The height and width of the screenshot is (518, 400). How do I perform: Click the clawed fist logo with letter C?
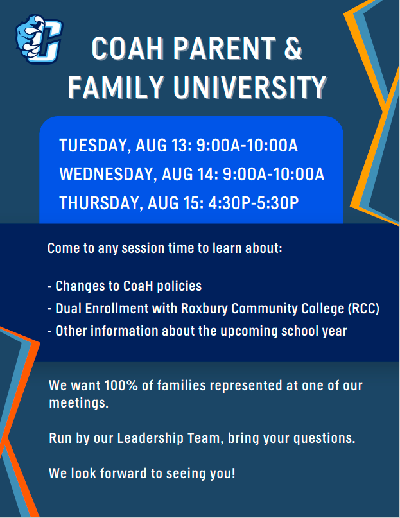click(39, 39)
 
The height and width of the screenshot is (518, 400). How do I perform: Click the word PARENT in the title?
click(224, 49)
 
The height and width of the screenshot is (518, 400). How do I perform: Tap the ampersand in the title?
click(293, 49)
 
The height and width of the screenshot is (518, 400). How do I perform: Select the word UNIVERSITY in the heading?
click(250, 87)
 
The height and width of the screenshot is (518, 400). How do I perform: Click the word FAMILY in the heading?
click(116, 87)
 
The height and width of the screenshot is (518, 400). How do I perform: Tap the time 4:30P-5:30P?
click(253, 203)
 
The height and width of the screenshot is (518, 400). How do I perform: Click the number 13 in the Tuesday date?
click(181, 145)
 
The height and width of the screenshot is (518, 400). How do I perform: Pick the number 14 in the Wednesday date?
click(207, 174)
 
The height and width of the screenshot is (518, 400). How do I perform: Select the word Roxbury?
click(204, 309)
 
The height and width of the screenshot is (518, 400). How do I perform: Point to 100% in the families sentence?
click(121, 386)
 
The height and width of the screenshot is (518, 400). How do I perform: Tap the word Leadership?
click(150, 438)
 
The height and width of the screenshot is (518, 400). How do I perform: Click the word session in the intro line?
click(143, 248)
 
